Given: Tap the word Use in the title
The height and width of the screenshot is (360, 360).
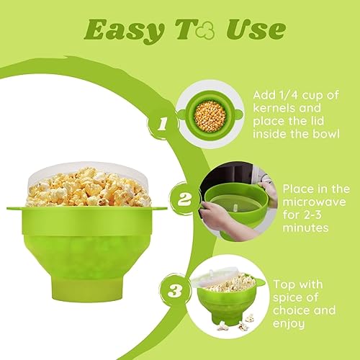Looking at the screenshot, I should [256, 30].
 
